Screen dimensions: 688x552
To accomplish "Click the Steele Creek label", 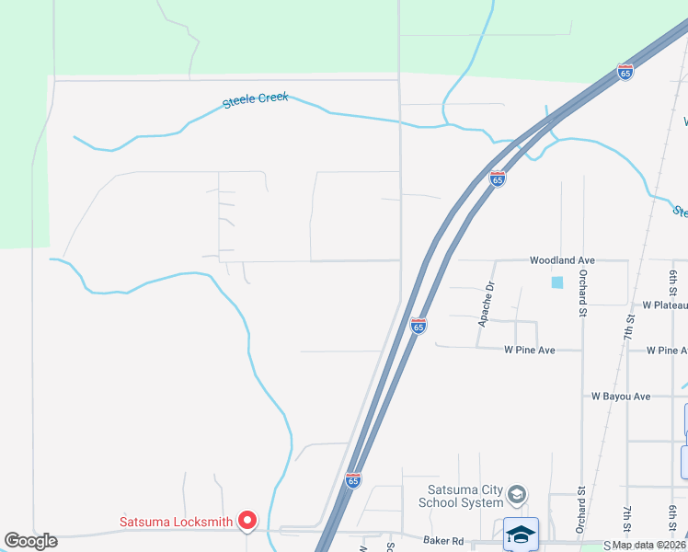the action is coord(256,99).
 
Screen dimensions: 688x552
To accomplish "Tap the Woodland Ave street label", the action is coord(562,260).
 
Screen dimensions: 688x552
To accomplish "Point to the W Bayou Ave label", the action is coord(620,397).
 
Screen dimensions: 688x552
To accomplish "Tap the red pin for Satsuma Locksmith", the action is coord(247,522).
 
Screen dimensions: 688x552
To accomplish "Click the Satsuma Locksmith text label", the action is coord(176,523).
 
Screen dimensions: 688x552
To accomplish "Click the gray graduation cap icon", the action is coord(517,496).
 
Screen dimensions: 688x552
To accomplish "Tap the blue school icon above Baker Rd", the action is coord(521,534).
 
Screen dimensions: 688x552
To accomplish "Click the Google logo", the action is coord(31,541).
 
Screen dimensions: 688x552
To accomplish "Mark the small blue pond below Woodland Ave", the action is coord(556,282).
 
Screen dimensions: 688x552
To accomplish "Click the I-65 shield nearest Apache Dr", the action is coord(418,326).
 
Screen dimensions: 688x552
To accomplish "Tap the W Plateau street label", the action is coord(664,305).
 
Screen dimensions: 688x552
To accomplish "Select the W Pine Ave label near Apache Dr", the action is coord(529,351).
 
